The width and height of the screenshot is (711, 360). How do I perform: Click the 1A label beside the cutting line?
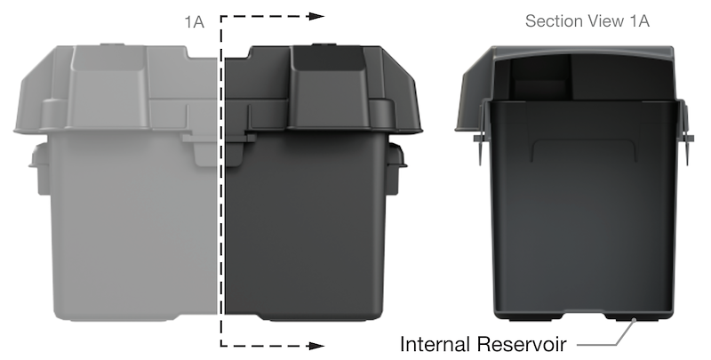[x=195, y=22]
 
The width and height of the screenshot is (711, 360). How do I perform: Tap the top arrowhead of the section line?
[x=316, y=16]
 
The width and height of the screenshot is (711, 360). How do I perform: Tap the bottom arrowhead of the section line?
[x=316, y=344]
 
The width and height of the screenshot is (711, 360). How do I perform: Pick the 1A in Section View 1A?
[x=639, y=20]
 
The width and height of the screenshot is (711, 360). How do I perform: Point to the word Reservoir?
[x=526, y=343]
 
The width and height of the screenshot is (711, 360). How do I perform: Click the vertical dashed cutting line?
[x=220, y=178]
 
